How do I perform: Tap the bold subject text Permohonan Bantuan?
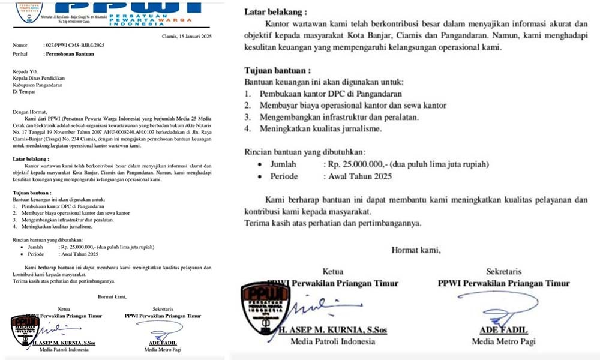pos(70,53)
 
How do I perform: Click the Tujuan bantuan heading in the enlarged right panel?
pos(277,70)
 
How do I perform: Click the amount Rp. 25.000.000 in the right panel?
pos(361,164)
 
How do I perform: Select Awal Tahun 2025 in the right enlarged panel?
pos(359,176)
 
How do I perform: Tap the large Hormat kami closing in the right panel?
pos(416,249)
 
